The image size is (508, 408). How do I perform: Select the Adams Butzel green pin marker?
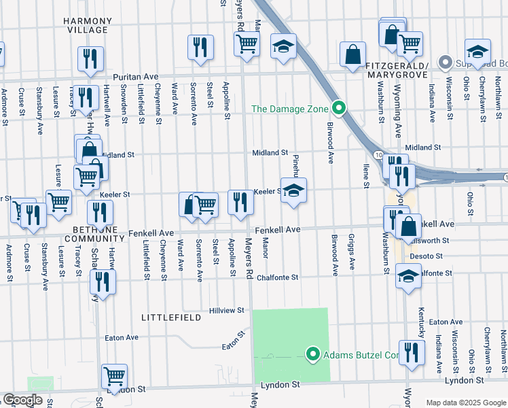pos(313,354)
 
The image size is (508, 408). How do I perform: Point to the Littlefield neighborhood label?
pos(170,318)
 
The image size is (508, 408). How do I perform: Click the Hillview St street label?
pos(226,310)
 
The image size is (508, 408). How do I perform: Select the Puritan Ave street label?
pos(135,77)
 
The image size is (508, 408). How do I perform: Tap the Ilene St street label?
pos(365,175)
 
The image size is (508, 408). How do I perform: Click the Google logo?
pos(22,400)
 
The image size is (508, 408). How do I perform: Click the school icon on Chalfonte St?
pos(408,277)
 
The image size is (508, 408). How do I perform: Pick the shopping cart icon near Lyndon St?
pos(114,375)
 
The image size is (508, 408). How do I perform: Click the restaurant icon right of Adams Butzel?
pos(412,352)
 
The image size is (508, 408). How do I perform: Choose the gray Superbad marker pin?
pos(446,63)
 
